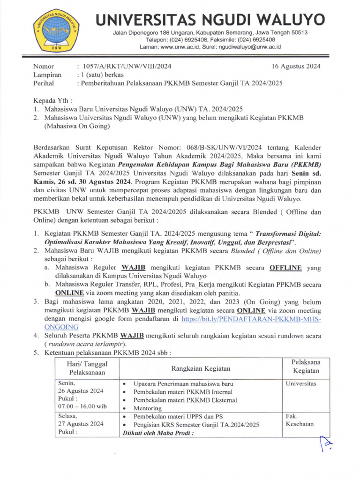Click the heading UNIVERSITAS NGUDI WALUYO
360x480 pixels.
pyautogui.click(x=210, y=20)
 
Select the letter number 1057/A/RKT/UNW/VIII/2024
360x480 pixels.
pyautogui.click(x=127, y=66)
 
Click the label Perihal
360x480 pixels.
pyautogui.click(x=43, y=83)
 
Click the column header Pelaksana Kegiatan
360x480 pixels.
pyautogui.click(x=306, y=367)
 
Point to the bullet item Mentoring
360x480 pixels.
pyautogui.click(x=148, y=408)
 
